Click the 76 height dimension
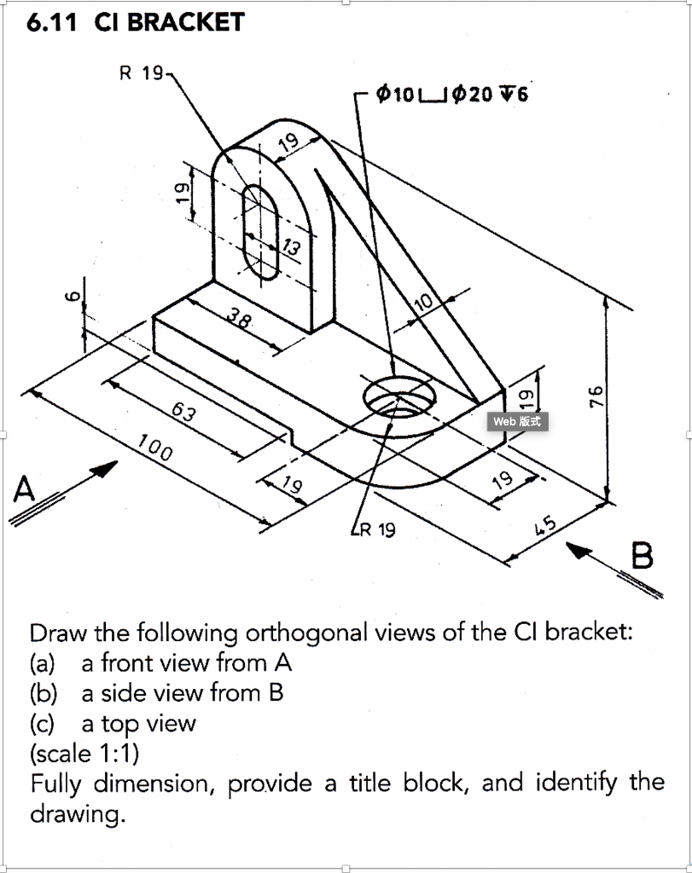point(597,396)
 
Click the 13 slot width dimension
point(291,248)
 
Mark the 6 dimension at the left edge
point(73,296)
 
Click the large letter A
point(26,490)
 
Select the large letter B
point(643,556)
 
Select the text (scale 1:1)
point(84,754)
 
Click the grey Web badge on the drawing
point(517,420)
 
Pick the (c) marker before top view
point(42,723)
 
